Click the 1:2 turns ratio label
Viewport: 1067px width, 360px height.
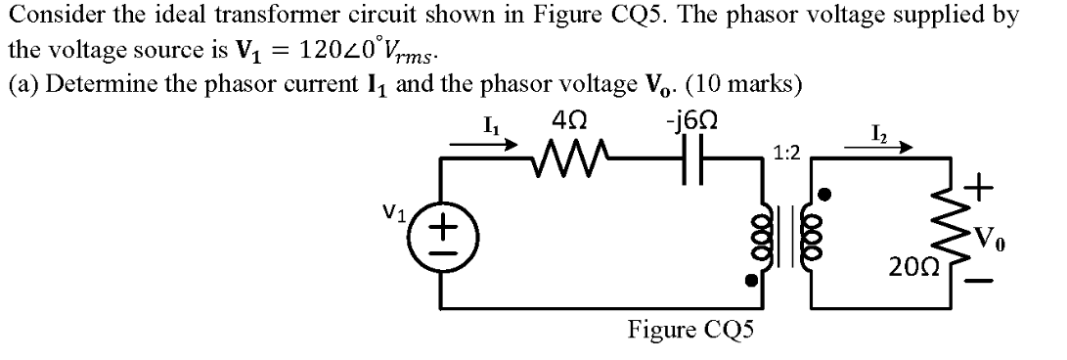785,154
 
